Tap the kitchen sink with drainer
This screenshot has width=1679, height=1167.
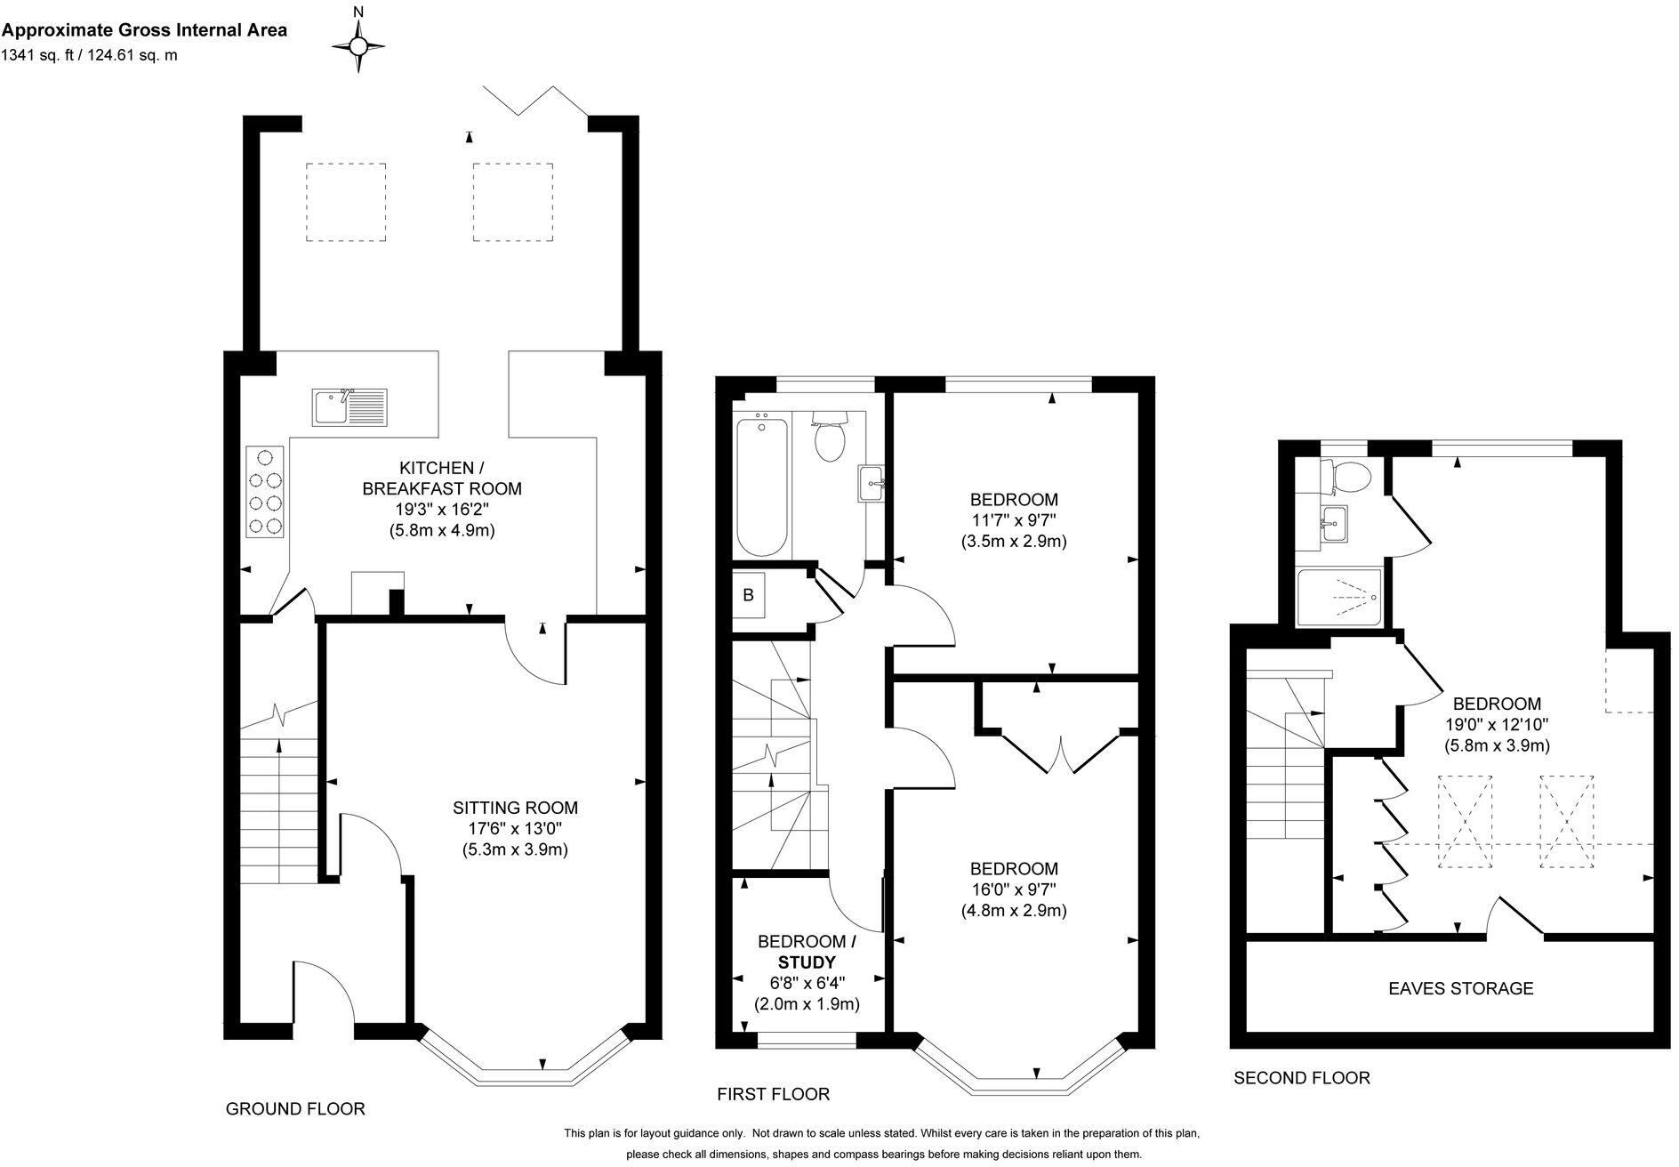pyautogui.click(x=348, y=407)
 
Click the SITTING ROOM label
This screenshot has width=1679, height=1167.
pyautogui.click(x=515, y=808)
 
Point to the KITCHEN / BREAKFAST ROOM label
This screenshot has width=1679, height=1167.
pyautogui.click(x=442, y=478)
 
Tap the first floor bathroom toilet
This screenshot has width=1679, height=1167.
pyautogui.click(x=829, y=436)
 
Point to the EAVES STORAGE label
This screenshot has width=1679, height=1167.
pyautogui.click(x=1461, y=988)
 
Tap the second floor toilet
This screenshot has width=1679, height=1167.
pyautogui.click(x=1346, y=476)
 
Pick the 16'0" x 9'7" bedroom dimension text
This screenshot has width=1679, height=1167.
pyautogui.click(x=1014, y=889)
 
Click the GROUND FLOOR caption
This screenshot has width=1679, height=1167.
pyautogui.click(x=295, y=1109)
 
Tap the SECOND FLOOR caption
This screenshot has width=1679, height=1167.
pyautogui.click(x=1301, y=1078)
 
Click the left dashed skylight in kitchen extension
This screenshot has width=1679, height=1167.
pyautogui.click(x=346, y=202)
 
